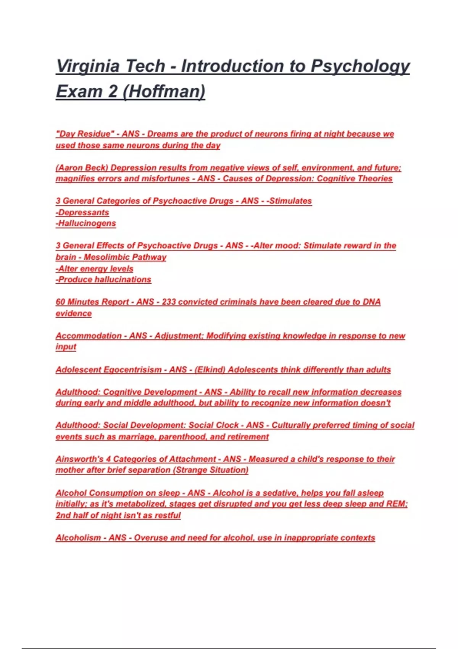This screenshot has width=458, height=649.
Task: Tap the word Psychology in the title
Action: pyautogui.click(x=360, y=66)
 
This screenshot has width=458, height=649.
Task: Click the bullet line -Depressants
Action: pyautogui.click(x=82, y=212)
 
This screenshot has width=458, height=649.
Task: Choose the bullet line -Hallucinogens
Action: pyautogui.click(x=86, y=223)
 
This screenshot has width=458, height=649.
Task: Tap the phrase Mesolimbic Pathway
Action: pyautogui.click(x=125, y=257)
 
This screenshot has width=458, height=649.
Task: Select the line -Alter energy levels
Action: pyautogui.click(x=95, y=268)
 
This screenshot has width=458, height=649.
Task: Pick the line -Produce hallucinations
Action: pyautogui.click(x=103, y=279)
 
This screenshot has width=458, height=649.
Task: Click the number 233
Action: pyautogui.click(x=169, y=302)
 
